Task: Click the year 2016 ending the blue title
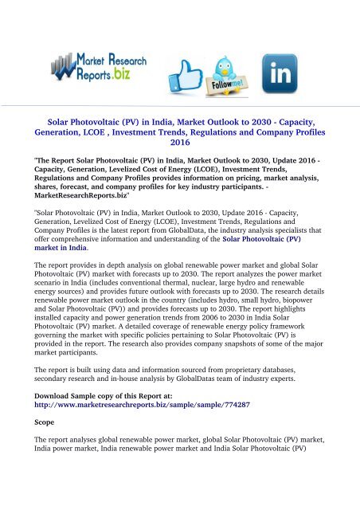pyautogui.click(x=180, y=145)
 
